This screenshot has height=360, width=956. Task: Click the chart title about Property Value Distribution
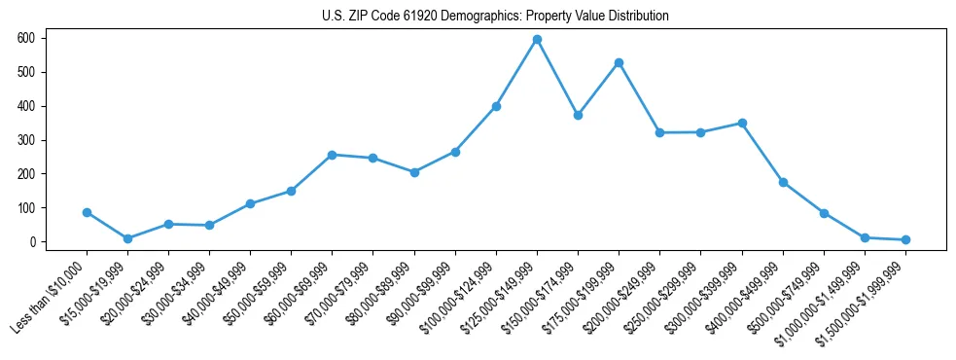(495, 17)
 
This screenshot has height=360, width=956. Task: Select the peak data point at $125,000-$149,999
(537, 39)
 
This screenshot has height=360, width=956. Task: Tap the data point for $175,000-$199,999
(619, 62)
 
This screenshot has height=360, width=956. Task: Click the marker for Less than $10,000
(87, 212)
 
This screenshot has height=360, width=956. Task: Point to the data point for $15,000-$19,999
(127, 238)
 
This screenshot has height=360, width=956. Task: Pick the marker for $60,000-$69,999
(333, 155)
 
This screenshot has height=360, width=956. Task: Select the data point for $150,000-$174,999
(578, 115)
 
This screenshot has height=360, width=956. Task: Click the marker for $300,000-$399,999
(742, 123)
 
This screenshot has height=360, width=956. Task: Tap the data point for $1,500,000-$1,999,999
(905, 239)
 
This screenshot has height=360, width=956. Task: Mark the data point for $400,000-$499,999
(783, 182)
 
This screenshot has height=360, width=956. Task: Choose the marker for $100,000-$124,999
(496, 106)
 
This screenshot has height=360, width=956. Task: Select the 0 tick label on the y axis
(32, 242)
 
